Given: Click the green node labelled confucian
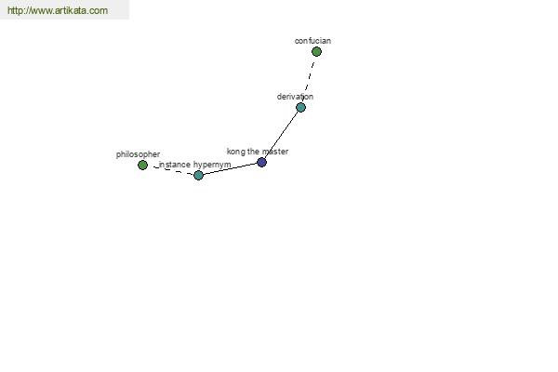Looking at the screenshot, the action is coord(316,52).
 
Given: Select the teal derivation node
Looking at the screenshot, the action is coord(300,107).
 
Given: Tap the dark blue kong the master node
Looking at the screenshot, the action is coord(261,163).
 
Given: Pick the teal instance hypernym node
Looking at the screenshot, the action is coord(198,175).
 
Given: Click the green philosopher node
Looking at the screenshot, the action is coord(142,165).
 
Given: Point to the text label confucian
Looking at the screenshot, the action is coord(312,41).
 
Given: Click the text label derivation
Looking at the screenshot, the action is coord(295,97).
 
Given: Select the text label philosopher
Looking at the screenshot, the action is coord(138,154).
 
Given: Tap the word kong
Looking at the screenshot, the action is coord(236,152).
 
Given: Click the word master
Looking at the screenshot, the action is coord(275,152).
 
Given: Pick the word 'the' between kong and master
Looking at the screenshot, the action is coord(253,152).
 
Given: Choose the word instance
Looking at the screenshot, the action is coord(175,165).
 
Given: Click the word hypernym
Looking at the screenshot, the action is coord(212,165).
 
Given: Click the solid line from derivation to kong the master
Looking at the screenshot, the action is coord(281,135).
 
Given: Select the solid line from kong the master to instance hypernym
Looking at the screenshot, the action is coord(230,168).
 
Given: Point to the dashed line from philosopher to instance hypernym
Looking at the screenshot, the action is coord(173,170).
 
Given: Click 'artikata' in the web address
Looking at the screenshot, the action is coord(71,10).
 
